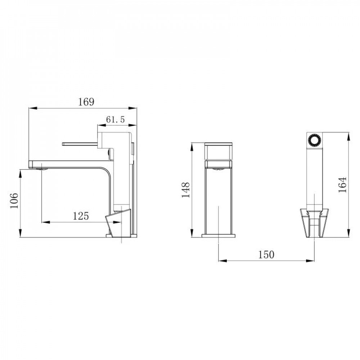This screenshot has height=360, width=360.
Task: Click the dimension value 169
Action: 86,102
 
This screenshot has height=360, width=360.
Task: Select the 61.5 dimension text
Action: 115,120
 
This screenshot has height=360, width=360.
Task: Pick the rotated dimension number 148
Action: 185,190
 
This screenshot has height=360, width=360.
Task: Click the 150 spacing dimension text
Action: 266,255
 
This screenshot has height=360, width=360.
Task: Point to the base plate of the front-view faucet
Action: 219,236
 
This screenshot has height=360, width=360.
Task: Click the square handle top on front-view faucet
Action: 219,151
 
